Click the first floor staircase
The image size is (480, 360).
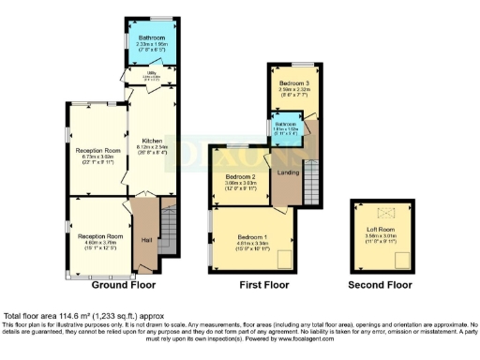point(312,170)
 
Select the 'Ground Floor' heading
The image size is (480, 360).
point(122,282)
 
